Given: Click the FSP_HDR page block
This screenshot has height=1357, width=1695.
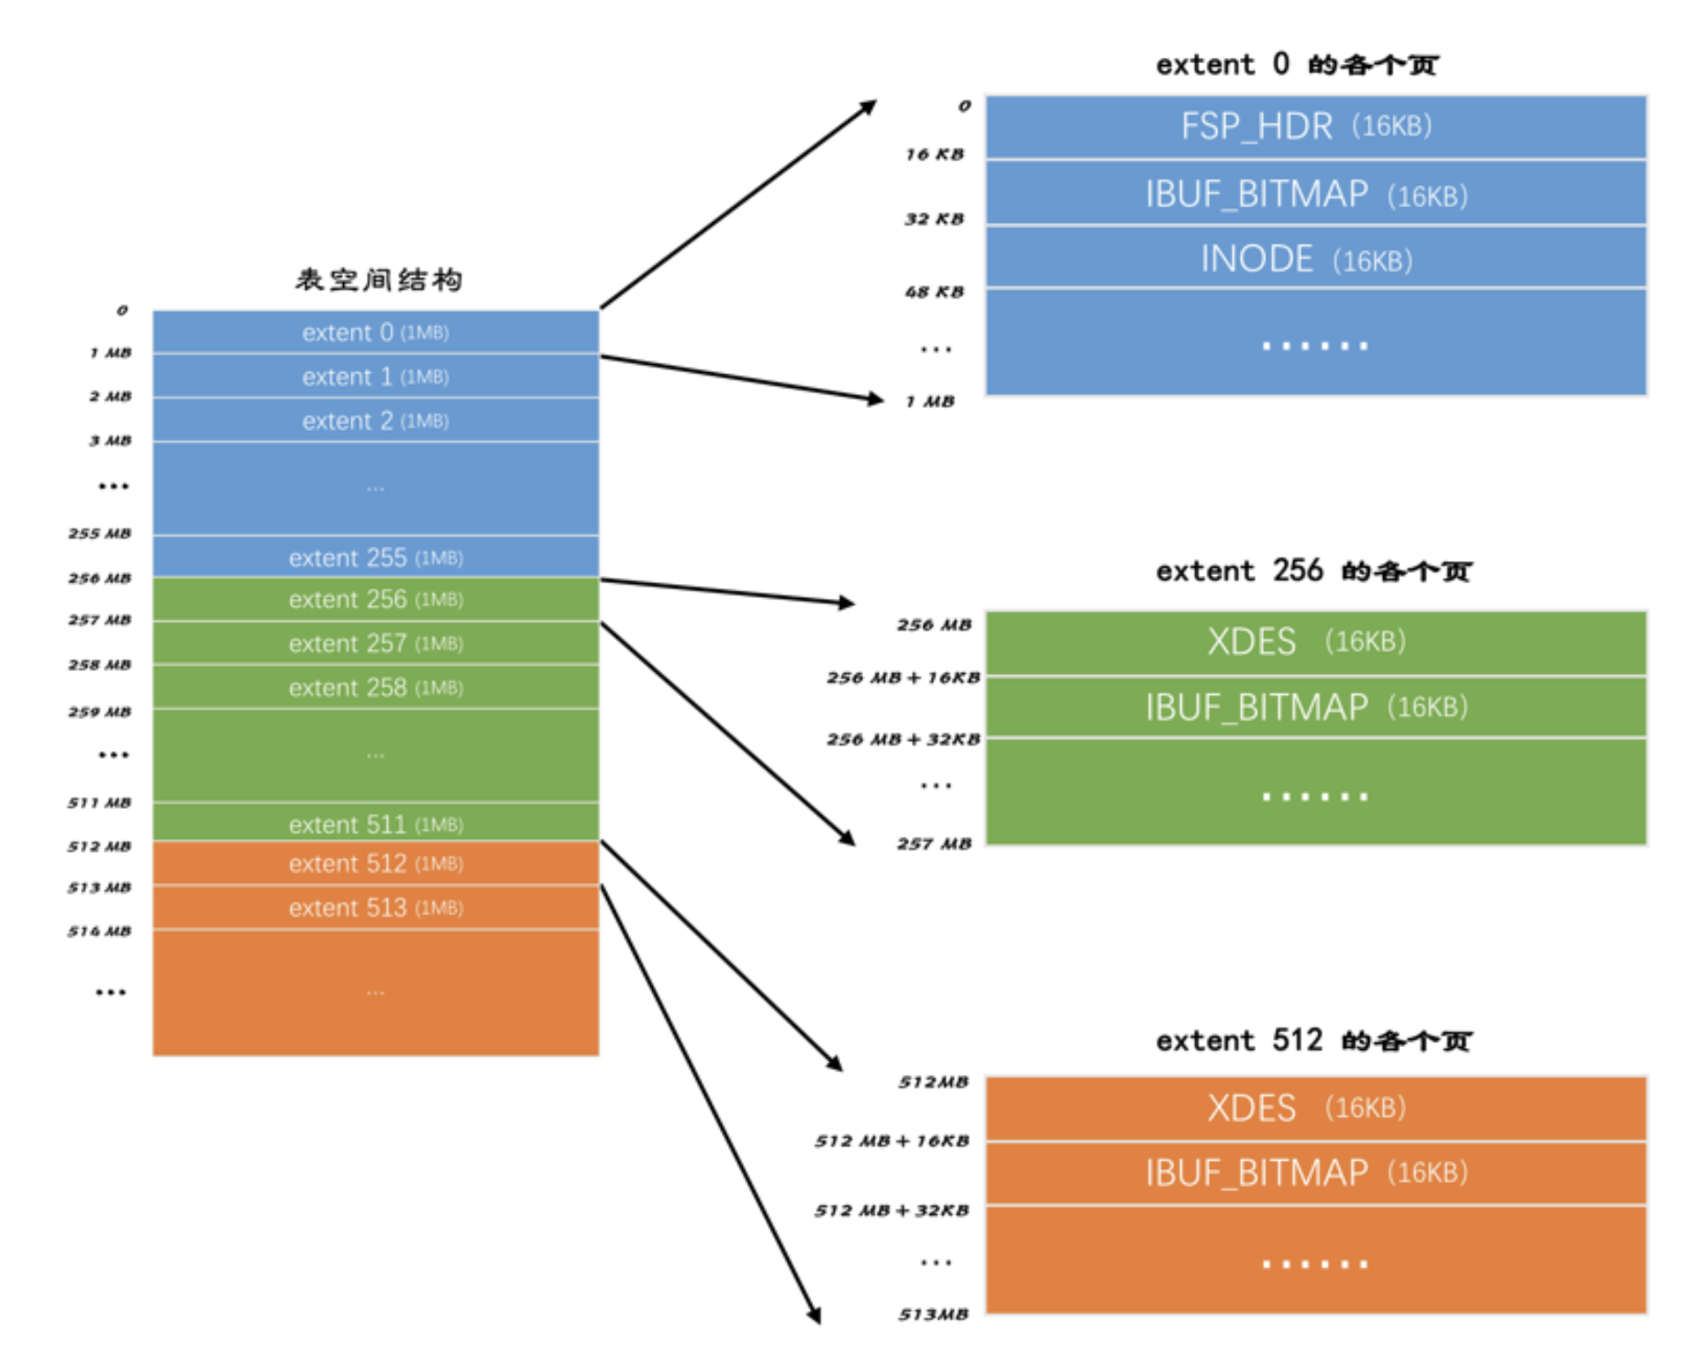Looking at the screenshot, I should (x=1314, y=127).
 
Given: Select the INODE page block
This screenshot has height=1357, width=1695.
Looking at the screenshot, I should (x=1314, y=259).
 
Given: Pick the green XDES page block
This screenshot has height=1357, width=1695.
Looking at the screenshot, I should (x=1314, y=642).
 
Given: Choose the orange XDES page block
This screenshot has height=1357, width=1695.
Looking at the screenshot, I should (x=1314, y=1109).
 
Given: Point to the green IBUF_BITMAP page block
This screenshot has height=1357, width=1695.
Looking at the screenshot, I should (x=1314, y=707).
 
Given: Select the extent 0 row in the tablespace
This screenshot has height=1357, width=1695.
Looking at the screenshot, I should (x=375, y=332).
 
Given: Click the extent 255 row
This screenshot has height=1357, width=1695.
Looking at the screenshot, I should (x=375, y=557).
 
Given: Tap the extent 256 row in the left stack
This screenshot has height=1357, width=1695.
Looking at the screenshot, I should (x=375, y=600).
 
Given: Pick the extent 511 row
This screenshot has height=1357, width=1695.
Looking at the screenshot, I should (x=375, y=824).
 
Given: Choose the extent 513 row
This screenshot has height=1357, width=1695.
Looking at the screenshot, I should (x=375, y=908).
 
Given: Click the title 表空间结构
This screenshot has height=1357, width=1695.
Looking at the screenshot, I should (x=378, y=280).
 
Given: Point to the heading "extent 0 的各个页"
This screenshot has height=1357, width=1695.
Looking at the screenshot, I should (x=1296, y=65).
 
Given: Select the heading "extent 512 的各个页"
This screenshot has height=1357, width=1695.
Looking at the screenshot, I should (x=1313, y=1041).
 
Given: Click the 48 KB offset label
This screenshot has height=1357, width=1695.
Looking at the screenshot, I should (x=935, y=292).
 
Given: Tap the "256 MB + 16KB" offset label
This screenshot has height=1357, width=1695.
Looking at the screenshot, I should (x=903, y=678).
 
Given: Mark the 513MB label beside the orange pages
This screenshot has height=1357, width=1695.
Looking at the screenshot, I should (x=934, y=1315).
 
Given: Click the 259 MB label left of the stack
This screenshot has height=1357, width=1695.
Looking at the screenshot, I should (x=99, y=712).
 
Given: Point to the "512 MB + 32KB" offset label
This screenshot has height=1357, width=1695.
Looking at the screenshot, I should (x=892, y=1211).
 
